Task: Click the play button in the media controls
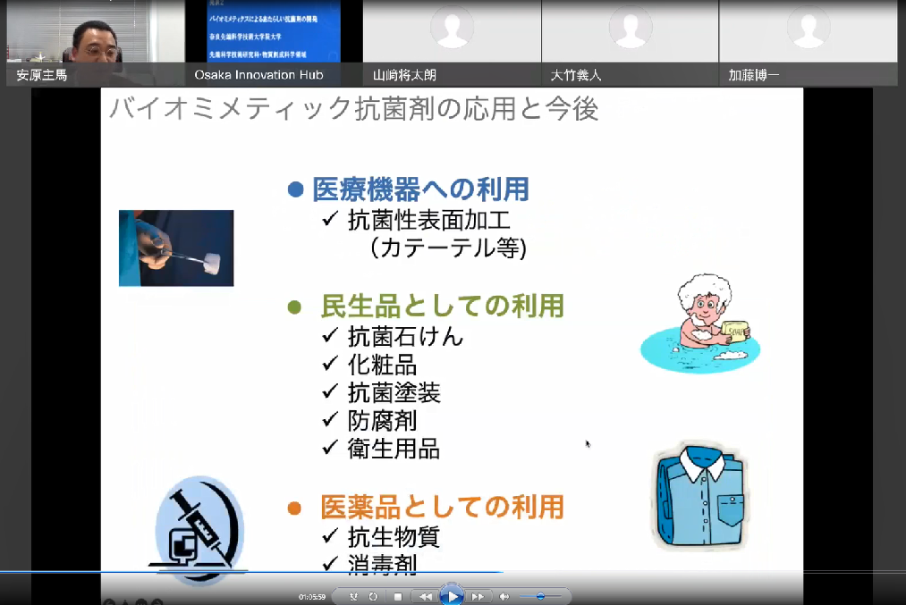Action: point(453,596)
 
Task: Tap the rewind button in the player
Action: point(426,596)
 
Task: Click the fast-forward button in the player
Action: point(478,596)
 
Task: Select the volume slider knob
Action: point(540,596)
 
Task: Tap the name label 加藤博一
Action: point(754,75)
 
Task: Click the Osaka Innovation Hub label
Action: point(258,75)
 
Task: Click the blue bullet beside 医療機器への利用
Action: point(296,189)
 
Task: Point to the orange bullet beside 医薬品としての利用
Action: point(295,508)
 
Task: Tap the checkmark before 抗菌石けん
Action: point(331,336)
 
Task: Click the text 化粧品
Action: point(382,365)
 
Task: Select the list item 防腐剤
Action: point(382,420)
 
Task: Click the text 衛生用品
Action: point(394,449)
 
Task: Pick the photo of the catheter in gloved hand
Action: point(176,248)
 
